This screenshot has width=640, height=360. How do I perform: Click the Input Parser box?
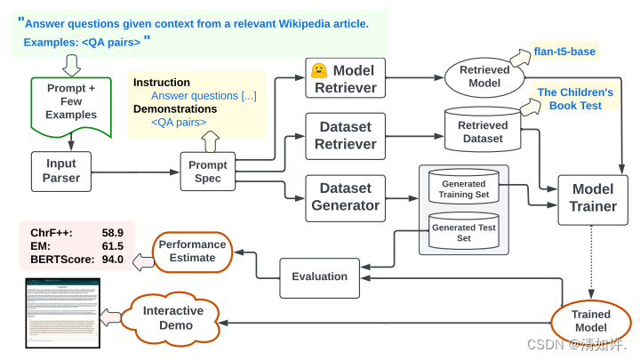coord(61,171)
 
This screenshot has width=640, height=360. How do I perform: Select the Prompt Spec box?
coord(209,172)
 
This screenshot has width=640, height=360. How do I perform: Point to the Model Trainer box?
coord(593,197)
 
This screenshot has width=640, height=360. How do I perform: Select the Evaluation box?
coord(319,276)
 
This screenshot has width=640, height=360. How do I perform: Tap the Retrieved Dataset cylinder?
coord(483,131)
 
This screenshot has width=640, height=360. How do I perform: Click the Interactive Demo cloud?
coord(173,317)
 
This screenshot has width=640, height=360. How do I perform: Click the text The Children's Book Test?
coord(575,99)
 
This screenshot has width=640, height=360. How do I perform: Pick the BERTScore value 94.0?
coord(112,259)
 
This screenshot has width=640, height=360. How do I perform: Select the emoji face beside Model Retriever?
coord(318,69)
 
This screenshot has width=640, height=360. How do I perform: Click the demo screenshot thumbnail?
coord(62,313)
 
